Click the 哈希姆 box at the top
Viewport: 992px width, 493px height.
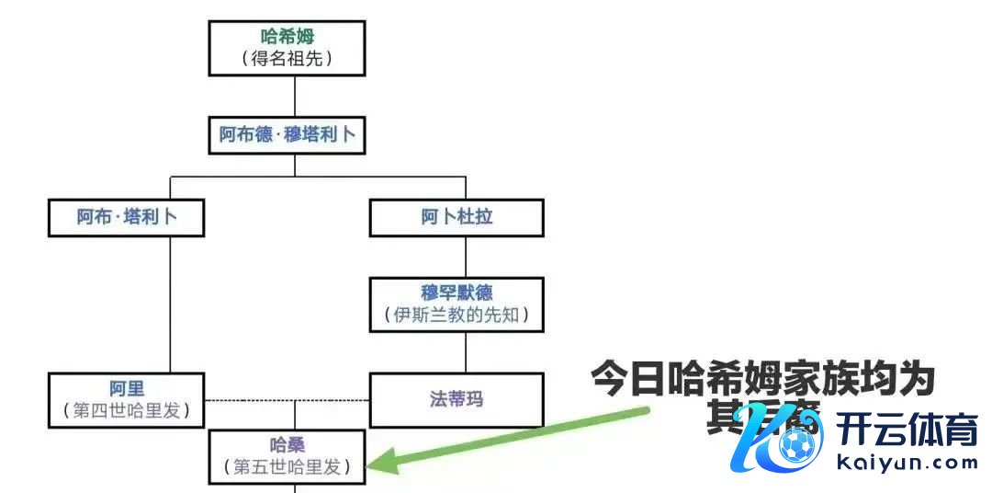point(287,48)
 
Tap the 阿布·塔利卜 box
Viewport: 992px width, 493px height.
point(127,218)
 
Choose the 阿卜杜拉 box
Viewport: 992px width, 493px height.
point(457,218)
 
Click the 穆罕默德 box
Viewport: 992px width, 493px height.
point(457,304)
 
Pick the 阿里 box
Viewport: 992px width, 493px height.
point(127,399)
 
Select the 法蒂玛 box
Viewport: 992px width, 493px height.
point(457,399)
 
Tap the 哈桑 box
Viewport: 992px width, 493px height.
point(287,455)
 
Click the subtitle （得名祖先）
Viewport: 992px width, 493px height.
point(287,60)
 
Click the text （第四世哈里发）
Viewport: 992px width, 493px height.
point(127,410)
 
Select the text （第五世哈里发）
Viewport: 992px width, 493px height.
point(287,466)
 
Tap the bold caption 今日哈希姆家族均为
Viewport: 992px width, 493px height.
point(762,378)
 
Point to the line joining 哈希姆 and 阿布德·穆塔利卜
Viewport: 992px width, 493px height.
point(295,95)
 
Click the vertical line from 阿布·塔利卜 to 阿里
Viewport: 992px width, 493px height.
point(171,304)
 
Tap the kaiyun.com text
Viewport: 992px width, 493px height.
point(908,463)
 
